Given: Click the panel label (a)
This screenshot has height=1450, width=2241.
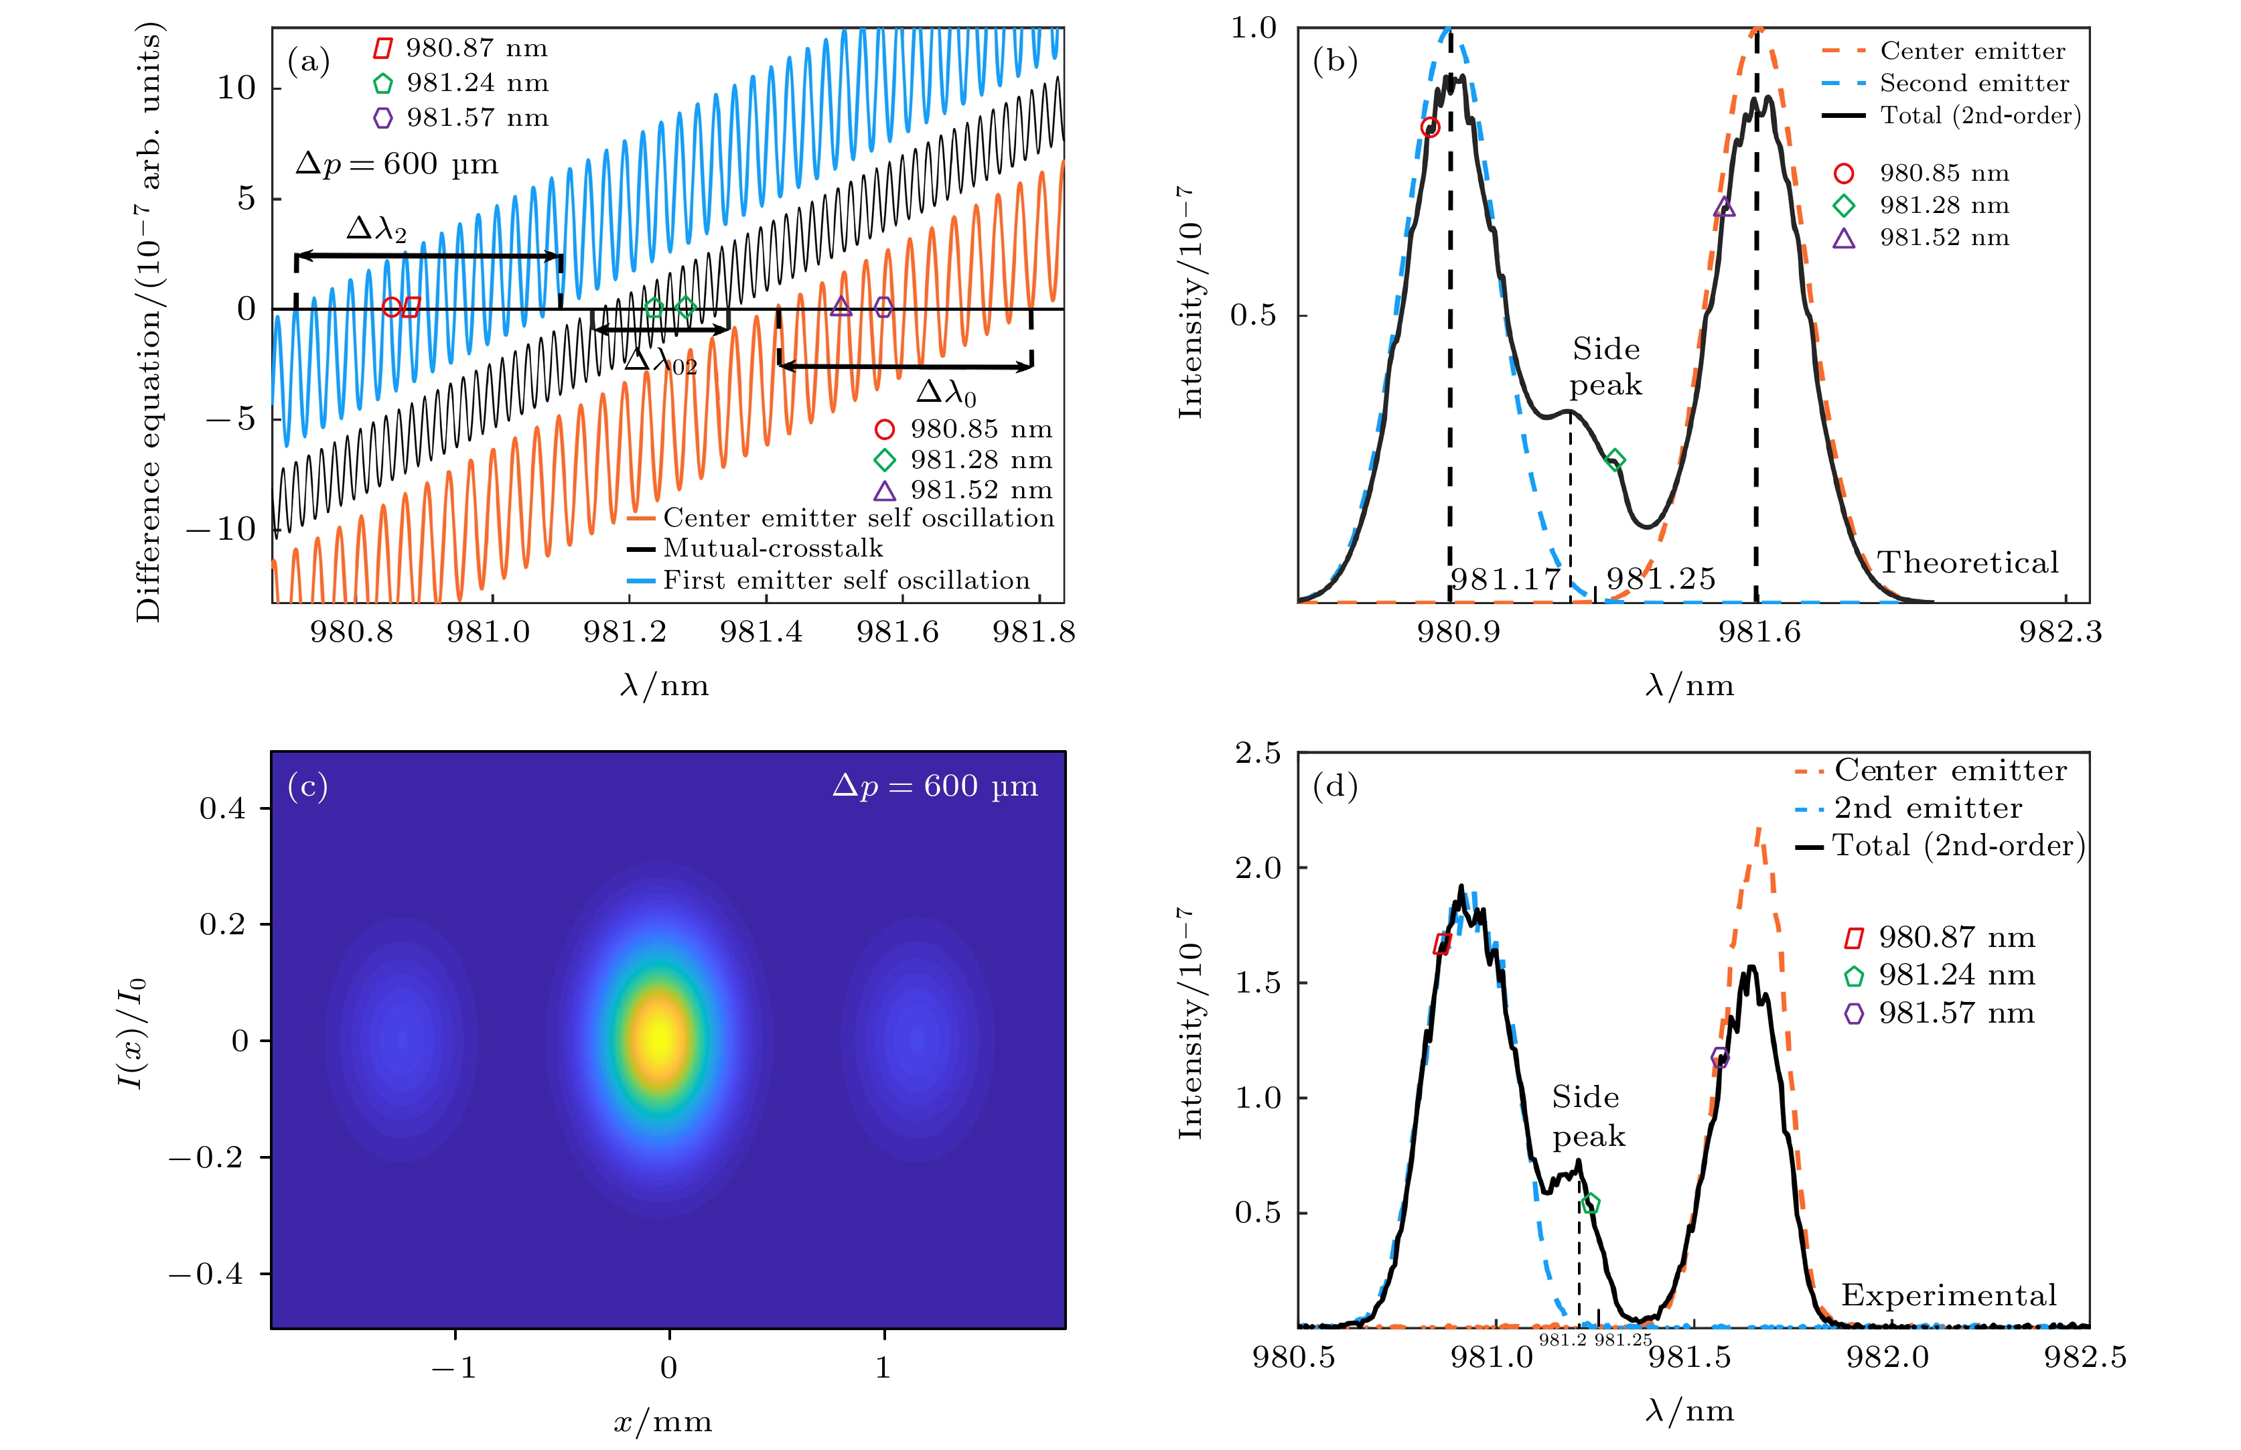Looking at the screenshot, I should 309,62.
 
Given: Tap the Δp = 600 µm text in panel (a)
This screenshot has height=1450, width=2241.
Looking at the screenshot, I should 396,164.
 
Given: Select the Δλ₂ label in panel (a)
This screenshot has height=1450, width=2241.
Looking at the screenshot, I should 376,229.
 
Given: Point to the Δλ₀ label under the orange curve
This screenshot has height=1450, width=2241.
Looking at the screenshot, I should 946,392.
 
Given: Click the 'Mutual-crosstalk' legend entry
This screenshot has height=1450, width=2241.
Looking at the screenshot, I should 772,548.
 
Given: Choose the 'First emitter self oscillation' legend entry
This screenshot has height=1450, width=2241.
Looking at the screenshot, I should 845,580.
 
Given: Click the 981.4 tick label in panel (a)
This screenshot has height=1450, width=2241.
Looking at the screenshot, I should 761,632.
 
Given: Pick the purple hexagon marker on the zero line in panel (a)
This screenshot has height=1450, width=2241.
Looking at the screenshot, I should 883,307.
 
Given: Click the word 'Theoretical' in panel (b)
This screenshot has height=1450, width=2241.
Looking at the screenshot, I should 1968,563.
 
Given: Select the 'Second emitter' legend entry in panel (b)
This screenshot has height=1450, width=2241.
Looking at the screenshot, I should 1974,84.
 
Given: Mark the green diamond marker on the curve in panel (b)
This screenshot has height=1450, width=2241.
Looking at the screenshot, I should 1615,459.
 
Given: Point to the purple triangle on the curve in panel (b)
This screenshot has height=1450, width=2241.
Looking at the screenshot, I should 1724,207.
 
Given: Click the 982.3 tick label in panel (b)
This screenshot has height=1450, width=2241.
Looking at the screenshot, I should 2060,632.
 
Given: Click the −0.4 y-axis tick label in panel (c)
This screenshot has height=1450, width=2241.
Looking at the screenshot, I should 208,1274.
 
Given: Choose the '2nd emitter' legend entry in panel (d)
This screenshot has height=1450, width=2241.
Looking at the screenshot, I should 1928,808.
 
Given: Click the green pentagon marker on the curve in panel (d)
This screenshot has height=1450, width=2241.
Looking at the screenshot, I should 1591,1204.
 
